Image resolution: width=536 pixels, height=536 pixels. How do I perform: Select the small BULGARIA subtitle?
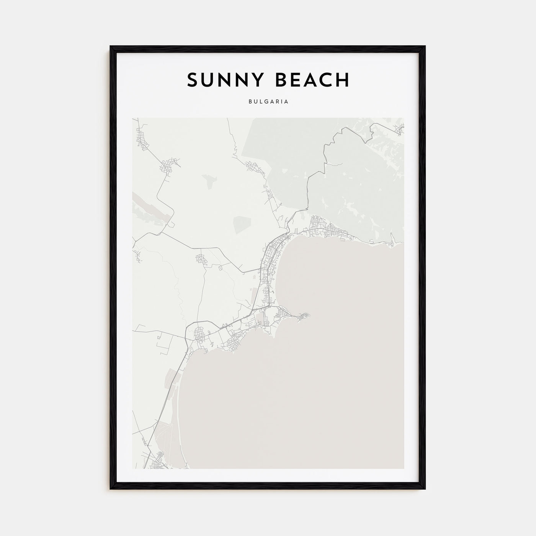(x=268, y=102)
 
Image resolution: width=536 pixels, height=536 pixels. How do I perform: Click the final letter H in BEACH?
(x=343, y=80)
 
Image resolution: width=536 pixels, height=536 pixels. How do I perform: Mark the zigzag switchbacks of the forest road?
(x=328, y=153)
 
